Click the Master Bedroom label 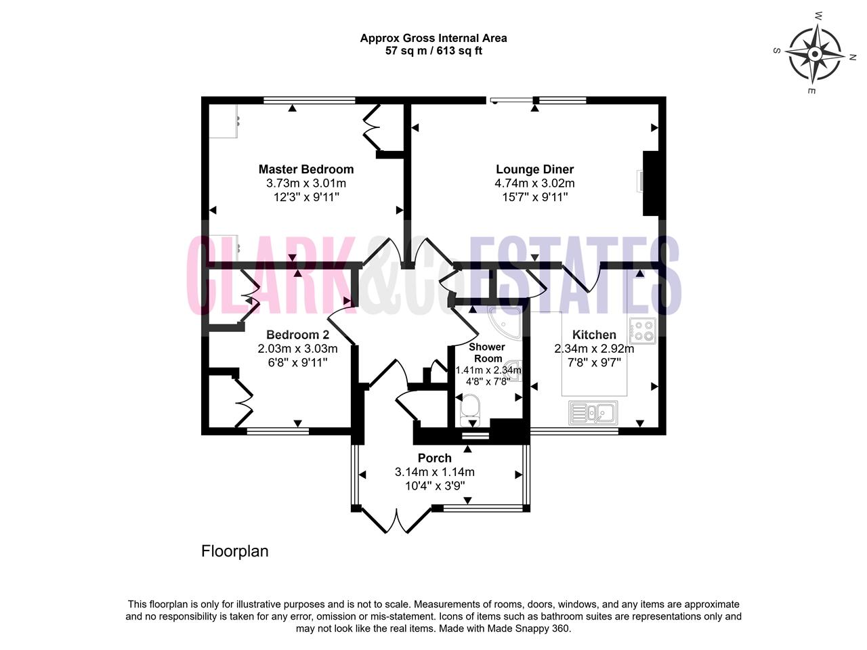click(306, 169)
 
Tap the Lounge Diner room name click(535, 169)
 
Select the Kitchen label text click(594, 334)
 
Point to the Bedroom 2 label click(297, 334)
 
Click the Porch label click(434, 458)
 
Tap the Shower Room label click(488, 353)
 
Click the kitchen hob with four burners click(643, 330)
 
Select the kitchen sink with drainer click(593, 413)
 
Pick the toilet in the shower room click(469, 410)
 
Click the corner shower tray click(505, 322)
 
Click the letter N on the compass click(852, 58)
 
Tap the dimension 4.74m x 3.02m click(535, 183)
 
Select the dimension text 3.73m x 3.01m click(306, 183)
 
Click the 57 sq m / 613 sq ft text click(433, 51)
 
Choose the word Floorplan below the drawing click(234, 551)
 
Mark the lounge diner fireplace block click(650, 183)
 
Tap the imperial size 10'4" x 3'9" click(434, 485)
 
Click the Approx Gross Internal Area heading click(433, 39)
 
